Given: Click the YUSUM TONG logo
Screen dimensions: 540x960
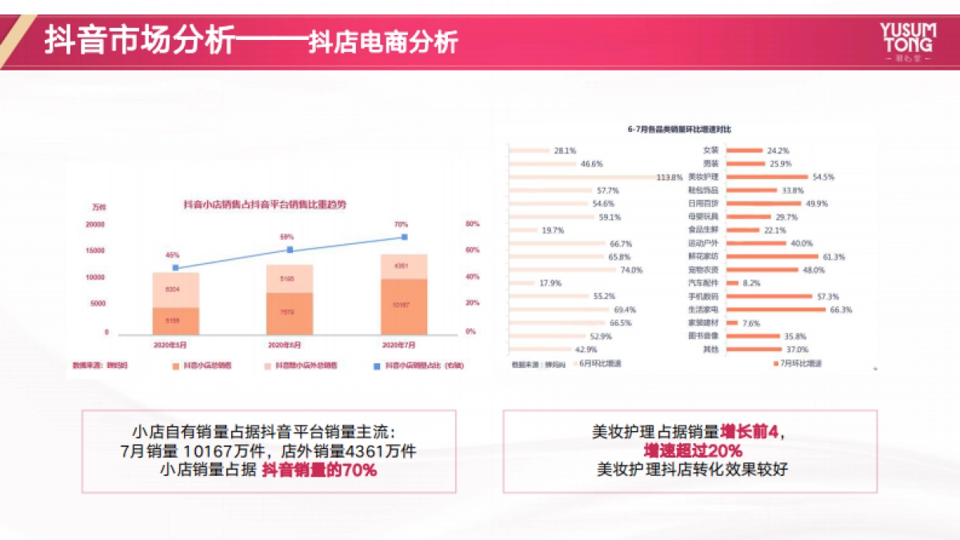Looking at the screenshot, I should point(906,42).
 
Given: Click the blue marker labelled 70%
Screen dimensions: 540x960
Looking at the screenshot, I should point(405,237).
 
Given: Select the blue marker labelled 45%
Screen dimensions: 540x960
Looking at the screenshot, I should point(175,267).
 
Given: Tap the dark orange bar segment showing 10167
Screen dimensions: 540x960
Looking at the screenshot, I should point(404,306).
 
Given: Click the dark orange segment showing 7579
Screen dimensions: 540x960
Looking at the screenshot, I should point(290,313).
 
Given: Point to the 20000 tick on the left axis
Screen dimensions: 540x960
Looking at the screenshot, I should point(95,225).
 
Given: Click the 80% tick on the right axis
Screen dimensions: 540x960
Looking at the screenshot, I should point(472,225).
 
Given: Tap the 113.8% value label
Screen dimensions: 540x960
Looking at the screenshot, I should point(669,177).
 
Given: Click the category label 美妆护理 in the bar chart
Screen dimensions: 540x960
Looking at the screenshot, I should point(703,177).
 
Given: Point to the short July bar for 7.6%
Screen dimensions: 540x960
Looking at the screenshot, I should point(732,323).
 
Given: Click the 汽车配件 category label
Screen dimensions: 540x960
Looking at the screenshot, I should point(703,283).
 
